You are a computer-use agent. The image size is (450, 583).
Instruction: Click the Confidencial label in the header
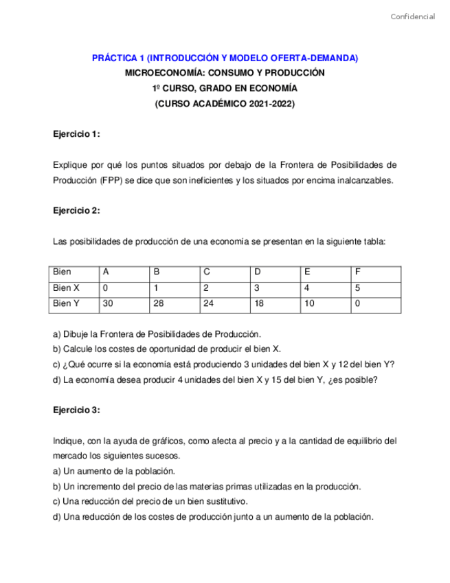click(x=412, y=16)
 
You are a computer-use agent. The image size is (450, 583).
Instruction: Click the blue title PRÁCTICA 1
click(x=225, y=58)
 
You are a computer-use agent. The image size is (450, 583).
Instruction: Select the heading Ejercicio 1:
click(x=76, y=134)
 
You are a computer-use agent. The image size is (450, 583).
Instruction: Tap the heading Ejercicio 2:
click(x=76, y=211)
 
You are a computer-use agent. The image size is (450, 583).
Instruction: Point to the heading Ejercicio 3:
click(x=76, y=410)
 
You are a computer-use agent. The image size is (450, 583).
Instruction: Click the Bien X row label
click(x=67, y=288)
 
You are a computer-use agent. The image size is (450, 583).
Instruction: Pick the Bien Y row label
click(x=67, y=303)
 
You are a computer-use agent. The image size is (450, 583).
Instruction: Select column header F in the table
click(x=358, y=272)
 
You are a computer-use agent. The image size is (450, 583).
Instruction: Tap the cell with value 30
click(x=108, y=303)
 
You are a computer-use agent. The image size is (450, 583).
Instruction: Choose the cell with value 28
click(x=159, y=303)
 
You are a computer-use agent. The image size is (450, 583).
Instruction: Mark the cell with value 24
click(x=209, y=303)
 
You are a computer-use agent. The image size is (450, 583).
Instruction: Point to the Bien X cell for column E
click(x=307, y=288)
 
